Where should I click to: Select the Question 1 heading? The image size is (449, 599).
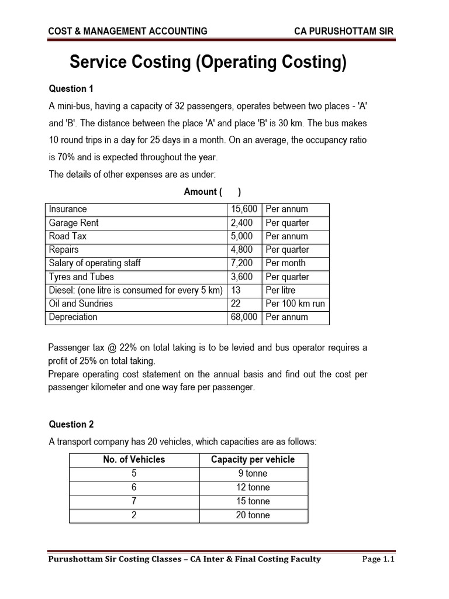71,89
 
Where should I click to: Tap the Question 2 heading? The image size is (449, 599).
71,425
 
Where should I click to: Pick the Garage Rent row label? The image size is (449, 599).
74,223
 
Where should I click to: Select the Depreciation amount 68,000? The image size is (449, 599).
244,317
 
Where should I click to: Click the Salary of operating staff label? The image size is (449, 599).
95,263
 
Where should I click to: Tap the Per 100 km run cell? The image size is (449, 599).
295,304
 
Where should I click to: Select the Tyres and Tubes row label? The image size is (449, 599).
81,277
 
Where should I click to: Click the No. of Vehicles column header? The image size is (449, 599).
134,460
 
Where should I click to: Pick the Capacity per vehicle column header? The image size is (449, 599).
253,460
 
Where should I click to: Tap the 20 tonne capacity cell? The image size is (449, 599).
253,515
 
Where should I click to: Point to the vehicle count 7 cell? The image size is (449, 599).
134,501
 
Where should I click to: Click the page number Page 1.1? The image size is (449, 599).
379,559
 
